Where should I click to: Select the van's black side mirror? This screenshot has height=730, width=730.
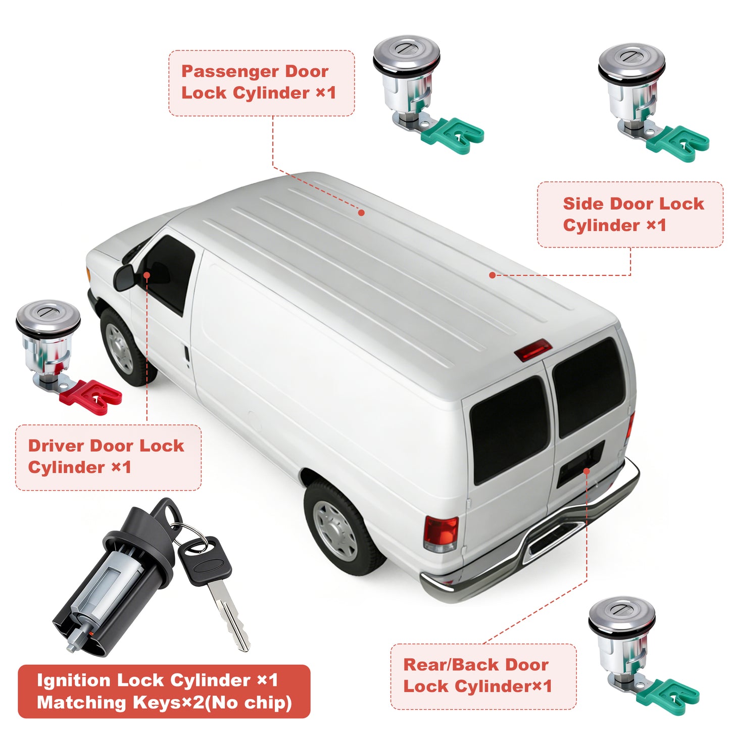point(125,277)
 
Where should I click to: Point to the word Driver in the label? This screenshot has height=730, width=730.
point(56,446)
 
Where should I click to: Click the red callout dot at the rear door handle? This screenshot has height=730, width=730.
point(587,471)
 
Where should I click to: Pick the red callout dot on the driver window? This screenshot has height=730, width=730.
point(147,275)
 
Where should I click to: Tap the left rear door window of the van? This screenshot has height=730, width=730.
point(510,430)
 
